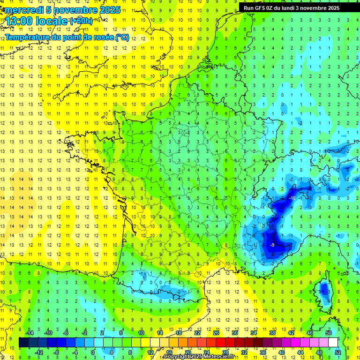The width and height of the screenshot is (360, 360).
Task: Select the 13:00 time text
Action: (x=19, y=22)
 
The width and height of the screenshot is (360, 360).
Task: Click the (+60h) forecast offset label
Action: (x=81, y=21)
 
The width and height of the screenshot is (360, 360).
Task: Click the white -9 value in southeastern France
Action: (x=272, y=245)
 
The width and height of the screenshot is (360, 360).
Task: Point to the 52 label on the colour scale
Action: (x=337, y=352)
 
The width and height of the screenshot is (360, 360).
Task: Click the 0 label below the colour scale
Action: (x=92, y=352)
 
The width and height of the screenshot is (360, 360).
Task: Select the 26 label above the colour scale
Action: (x=216, y=333)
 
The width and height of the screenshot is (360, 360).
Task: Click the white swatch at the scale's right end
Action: (x=333, y=343)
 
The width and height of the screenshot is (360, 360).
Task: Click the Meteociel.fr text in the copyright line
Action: (x=219, y=357)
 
